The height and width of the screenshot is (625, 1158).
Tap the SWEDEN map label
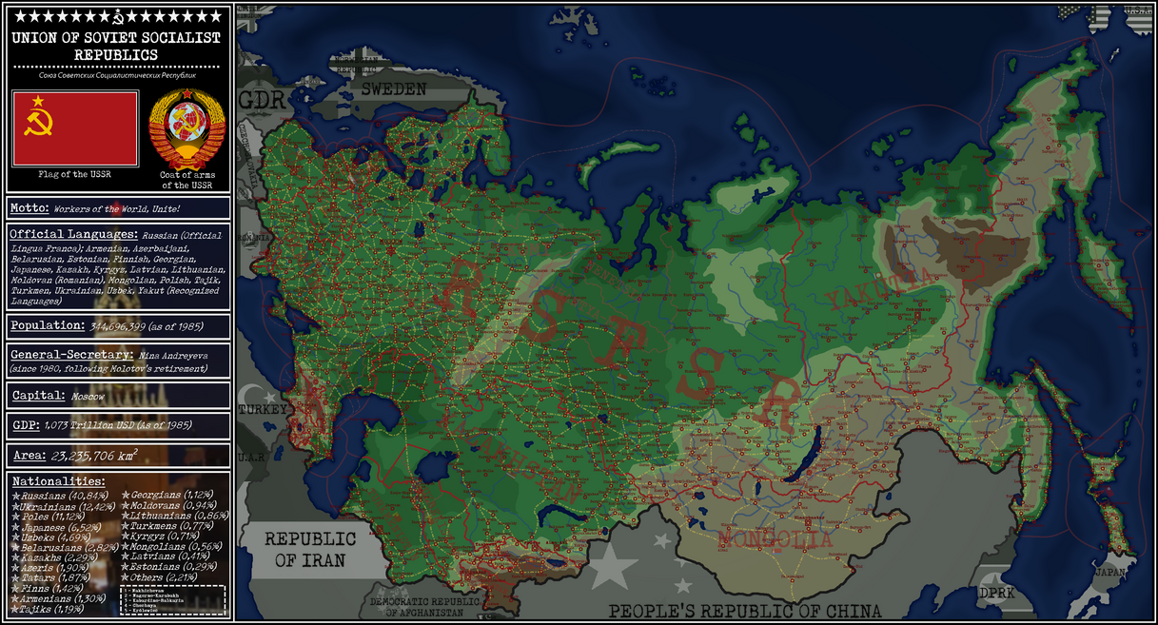tap(392, 88)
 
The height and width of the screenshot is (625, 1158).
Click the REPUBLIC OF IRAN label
tap(310, 550)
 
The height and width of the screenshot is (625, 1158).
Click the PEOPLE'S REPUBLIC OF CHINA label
tap(745, 611)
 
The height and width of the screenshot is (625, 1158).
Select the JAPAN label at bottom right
tap(1111, 573)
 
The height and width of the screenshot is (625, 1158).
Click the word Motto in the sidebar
tap(29, 207)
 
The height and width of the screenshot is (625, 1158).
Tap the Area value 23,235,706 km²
tap(110, 456)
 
